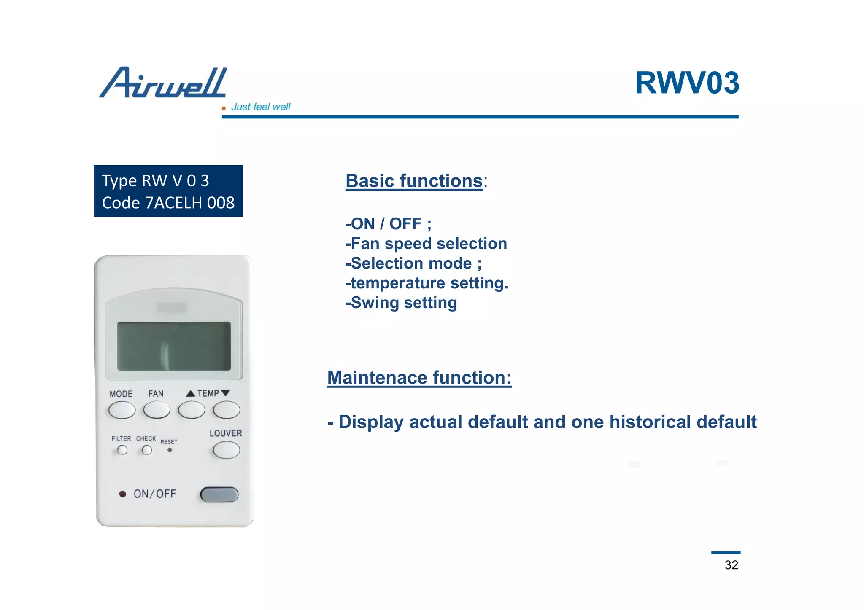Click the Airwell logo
click(x=163, y=83)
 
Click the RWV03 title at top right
click(x=687, y=83)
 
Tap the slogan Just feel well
click(x=260, y=107)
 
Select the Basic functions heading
click(x=414, y=181)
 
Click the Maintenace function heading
click(x=419, y=378)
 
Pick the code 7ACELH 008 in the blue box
click(x=168, y=203)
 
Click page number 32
click(x=731, y=565)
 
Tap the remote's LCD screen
click(x=174, y=346)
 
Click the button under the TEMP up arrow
click(x=192, y=410)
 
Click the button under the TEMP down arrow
click(x=227, y=410)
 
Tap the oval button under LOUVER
click(x=227, y=450)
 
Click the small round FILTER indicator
click(x=122, y=450)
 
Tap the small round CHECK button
click(x=147, y=450)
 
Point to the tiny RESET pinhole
click(x=170, y=450)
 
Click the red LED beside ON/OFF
click(x=122, y=494)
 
